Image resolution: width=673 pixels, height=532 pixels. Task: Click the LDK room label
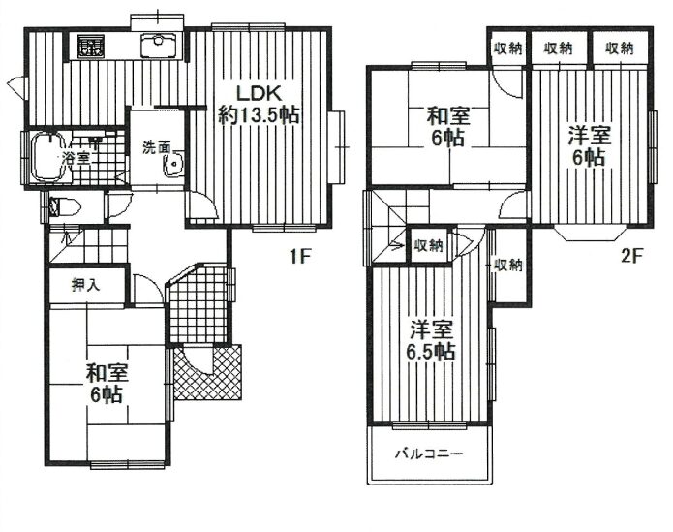pyautogui.click(x=259, y=93)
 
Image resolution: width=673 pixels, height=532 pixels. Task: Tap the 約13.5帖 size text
pyautogui.click(x=259, y=115)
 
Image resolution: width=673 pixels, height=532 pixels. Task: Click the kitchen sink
pyautogui.click(x=159, y=46)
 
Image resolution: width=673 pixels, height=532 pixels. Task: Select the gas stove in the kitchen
pyautogui.click(x=91, y=47)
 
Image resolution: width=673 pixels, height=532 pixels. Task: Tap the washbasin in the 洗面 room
pyautogui.click(x=173, y=164)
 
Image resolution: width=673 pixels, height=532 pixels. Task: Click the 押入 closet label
pyautogui.click(x=86, y=285)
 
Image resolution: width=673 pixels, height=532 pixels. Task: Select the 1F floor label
pyautogui.click(x=299, y=257)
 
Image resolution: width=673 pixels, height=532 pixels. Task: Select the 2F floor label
pyautogui.click(x=631, y=257)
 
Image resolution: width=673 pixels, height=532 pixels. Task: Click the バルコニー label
pyautogui.click(x=429, y=454)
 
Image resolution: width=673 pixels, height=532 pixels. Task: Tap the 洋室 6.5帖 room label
pyautogui.click(x=431, y=340)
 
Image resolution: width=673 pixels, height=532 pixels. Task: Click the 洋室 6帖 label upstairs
pyautogui.click(x=589, y=146)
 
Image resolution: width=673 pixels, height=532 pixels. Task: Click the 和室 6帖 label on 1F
pyautogui.click(x=107, y=383)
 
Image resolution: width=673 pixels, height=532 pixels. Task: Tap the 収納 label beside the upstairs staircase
pyautogui.click(x=428, y=246)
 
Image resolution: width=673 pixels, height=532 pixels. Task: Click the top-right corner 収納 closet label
pyautogui.click(x=620, y=48)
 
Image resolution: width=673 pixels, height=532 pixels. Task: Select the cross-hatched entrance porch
pyautogui.click(x=208, y=372)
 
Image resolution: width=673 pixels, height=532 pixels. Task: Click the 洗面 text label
pyautogui.click(x=157, y=147)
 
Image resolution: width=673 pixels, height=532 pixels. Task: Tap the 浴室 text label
pyautogui.click(x=76, y=158)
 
